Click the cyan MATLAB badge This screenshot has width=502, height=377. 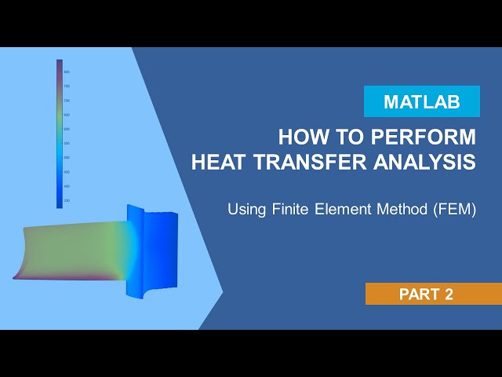pyautogui.click(x=422, y=101)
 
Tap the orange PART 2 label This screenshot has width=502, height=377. pyautogui.click(x=433, y=294)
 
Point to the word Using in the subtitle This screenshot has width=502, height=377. pyautogui.click(x=245, y=210)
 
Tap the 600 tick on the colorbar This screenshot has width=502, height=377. pyautogui.click(x=67, y=129)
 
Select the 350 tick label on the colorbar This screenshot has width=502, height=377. pyautogui.click(x=67, y=201)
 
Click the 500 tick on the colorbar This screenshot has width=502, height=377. pyautogui.click(x=67, y=157)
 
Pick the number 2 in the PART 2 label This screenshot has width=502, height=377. pyautogui.click(x=448, y=294)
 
